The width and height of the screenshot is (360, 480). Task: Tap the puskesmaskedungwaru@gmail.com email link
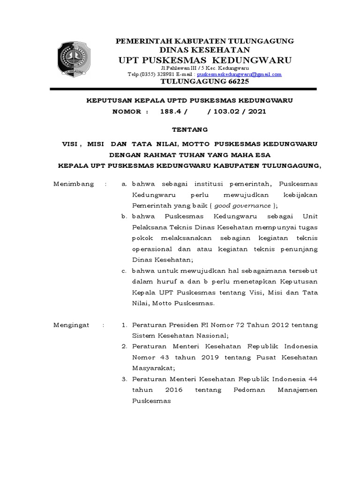[239, 74]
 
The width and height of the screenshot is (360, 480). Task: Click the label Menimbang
[72, 185]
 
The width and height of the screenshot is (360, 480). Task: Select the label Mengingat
[72, 325]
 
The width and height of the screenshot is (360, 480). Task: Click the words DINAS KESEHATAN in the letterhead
[205, 50]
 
